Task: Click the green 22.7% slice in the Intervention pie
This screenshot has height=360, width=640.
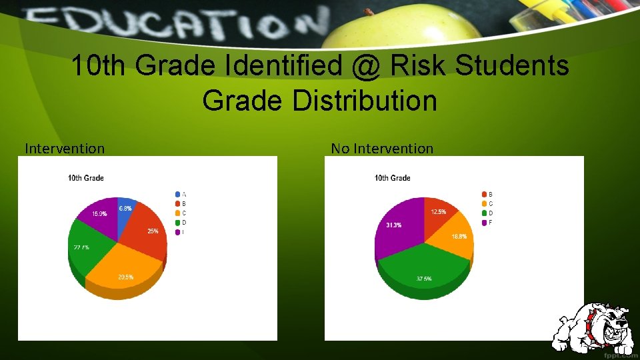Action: [x=84, y=250]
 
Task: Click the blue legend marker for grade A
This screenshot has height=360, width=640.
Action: [x=177, y=194]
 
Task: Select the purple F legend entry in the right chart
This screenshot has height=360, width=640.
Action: [x=484, y=222]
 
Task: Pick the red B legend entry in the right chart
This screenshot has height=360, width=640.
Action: [x=484, y=194]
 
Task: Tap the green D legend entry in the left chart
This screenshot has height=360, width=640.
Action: [x=177, y=222]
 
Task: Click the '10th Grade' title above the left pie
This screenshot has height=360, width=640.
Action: [x=86, y=178]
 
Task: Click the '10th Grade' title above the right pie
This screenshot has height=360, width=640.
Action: [x=393, y=178]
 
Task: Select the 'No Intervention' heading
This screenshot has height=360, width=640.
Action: [x=382, y=149]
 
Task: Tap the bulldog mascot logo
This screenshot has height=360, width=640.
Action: [x=595, y=326]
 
